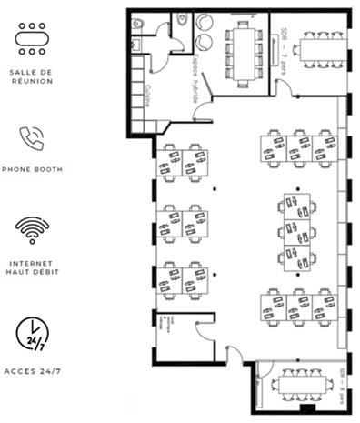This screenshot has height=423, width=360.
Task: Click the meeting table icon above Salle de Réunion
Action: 33,38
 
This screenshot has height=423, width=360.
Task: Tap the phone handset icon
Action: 33,137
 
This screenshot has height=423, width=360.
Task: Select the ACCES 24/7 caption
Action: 33,371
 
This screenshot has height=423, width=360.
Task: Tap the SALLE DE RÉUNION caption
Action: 33,76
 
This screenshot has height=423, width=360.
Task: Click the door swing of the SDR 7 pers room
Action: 283,88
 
